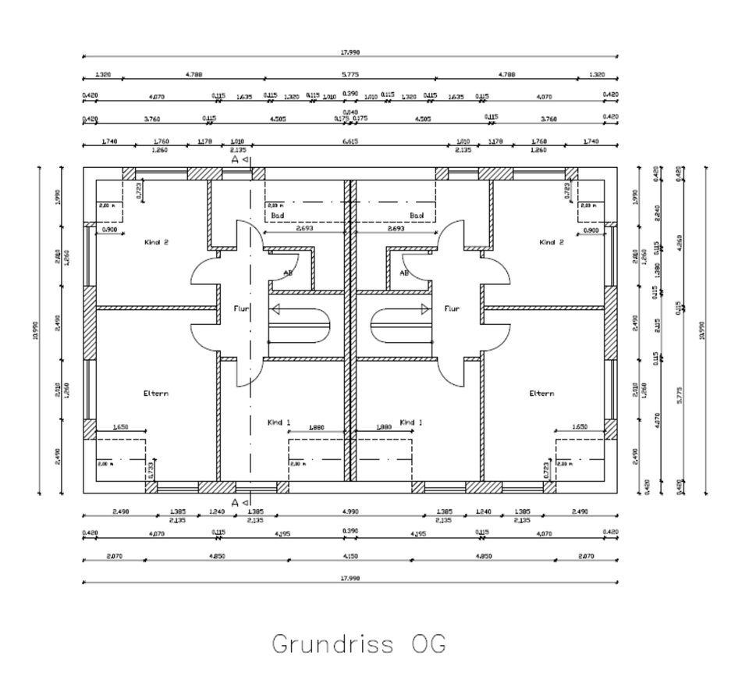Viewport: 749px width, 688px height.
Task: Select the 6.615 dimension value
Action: pyautogui.click(x=350, y=141)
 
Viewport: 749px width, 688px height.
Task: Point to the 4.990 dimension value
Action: pyautogui.click(x=350, y=512)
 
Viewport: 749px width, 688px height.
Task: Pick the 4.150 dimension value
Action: pyautogui.click(x=350, y=556)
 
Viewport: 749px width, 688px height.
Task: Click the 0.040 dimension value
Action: pyautogui.click(x=350, y=112)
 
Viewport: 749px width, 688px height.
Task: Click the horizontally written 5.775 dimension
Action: pyautogui.click(x=350, y=75)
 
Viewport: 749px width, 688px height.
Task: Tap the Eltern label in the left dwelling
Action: pyautogui.click(x=155, y=394)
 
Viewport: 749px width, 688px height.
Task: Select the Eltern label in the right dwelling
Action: pyautogui.click(x=541, y=394)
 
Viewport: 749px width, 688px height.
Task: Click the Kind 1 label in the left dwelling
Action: pyautogui.click(x=278, y=422)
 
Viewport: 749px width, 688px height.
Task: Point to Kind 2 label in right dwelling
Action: pyautogui.click(x=551, y=242)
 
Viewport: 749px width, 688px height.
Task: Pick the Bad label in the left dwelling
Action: pyautogui.click(x=277, y=215)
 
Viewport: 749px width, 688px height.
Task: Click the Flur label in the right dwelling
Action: pyautogui.click(x=452, y=308)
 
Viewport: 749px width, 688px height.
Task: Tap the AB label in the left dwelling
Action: pyautogui.click(x=288, y=273)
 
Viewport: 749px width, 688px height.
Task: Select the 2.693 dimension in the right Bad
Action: pyautogui.click(x=396, y=230)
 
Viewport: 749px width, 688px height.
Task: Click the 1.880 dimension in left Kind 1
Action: pyautogui.click(x=317, y=427)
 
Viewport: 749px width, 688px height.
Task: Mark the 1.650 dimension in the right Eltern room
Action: pyautogui.click(x=580, y=427)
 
